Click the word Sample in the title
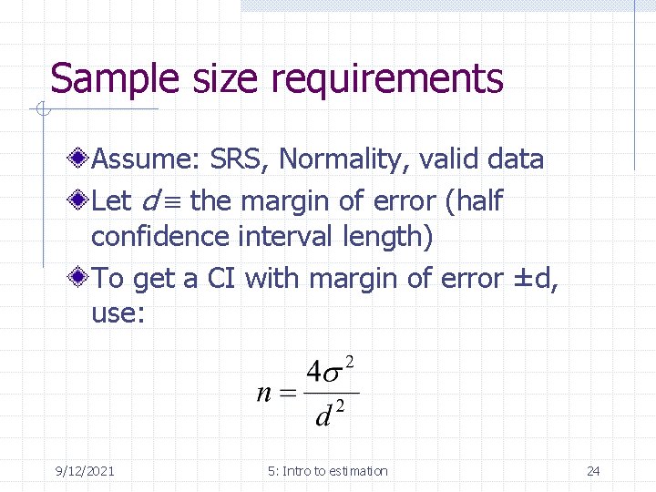point(99,79)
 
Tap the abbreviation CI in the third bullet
point(222,277)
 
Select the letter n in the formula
point(265,394)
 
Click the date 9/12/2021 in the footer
point(85,471)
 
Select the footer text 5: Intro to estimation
point(328,471)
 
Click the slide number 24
point(593,471)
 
